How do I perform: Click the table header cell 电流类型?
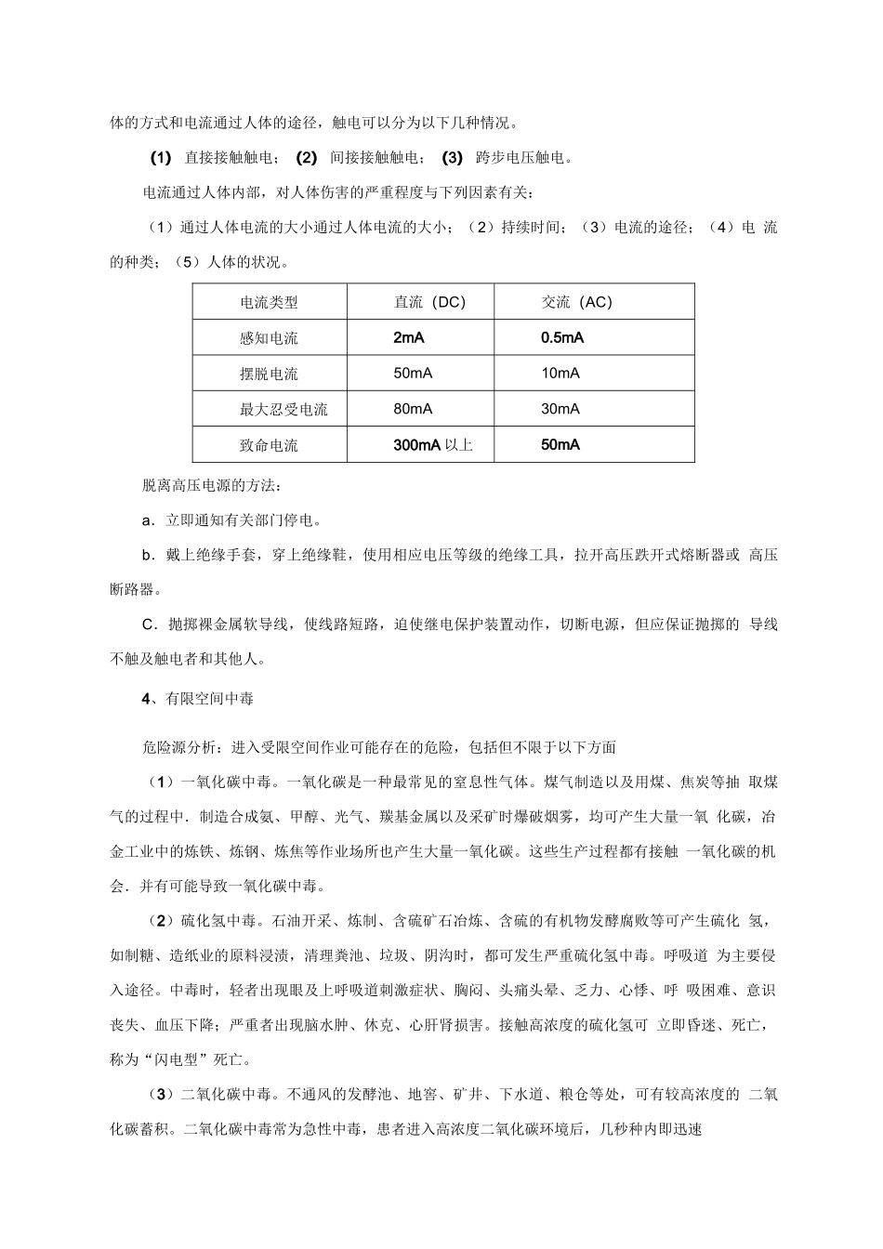[x=269, y=302]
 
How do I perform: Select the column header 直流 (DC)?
[x=429, y=302]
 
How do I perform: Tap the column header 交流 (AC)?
[x=577, y=302]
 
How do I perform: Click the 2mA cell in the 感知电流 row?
[x=409, y=338]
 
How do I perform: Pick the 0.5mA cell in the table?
[x=562, y=338]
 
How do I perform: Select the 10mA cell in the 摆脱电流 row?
[x=560, y=374]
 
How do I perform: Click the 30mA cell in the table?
[x=560, y=409]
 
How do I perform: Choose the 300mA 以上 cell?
[x=433, y=445]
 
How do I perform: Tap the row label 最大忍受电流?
[x=283, y=409]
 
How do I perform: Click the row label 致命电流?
[x=269, y=445]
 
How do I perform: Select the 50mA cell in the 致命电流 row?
[x=560, y=445]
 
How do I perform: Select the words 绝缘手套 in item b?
[x=226, y=555]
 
